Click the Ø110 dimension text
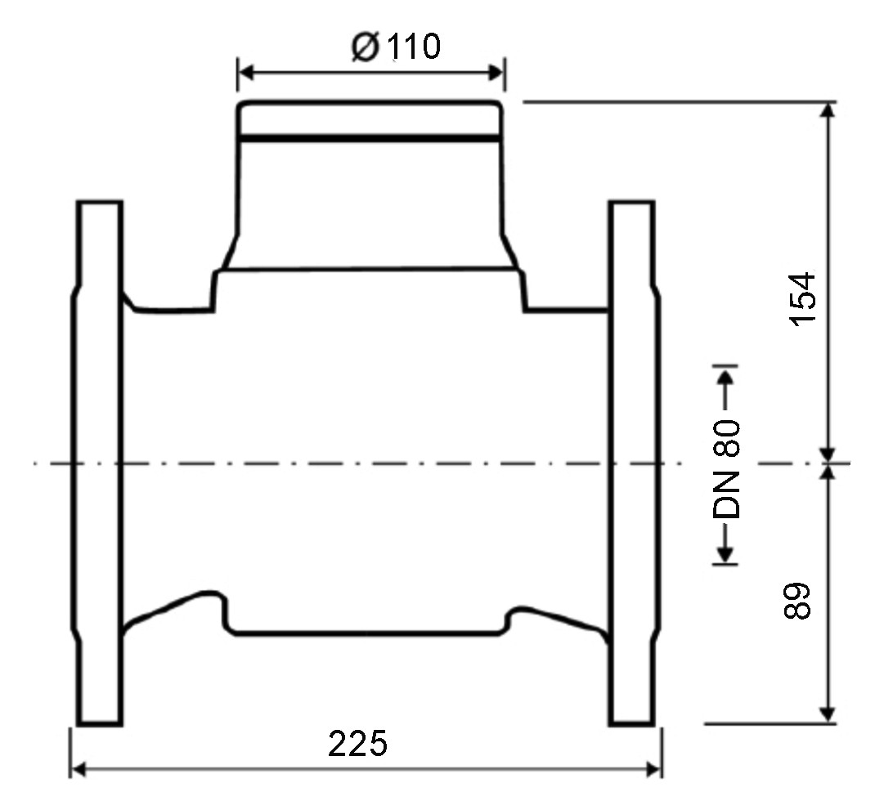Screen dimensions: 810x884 (395, 48)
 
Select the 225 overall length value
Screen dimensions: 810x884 (357, 745)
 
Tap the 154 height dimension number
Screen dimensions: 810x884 (803, 298)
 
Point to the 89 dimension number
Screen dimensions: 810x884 (800, 601)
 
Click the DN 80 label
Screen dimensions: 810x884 (726, 471)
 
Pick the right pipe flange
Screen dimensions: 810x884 (632, 463)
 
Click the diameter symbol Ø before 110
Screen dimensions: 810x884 (365, 48)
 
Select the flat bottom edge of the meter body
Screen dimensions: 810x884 (368, 633)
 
